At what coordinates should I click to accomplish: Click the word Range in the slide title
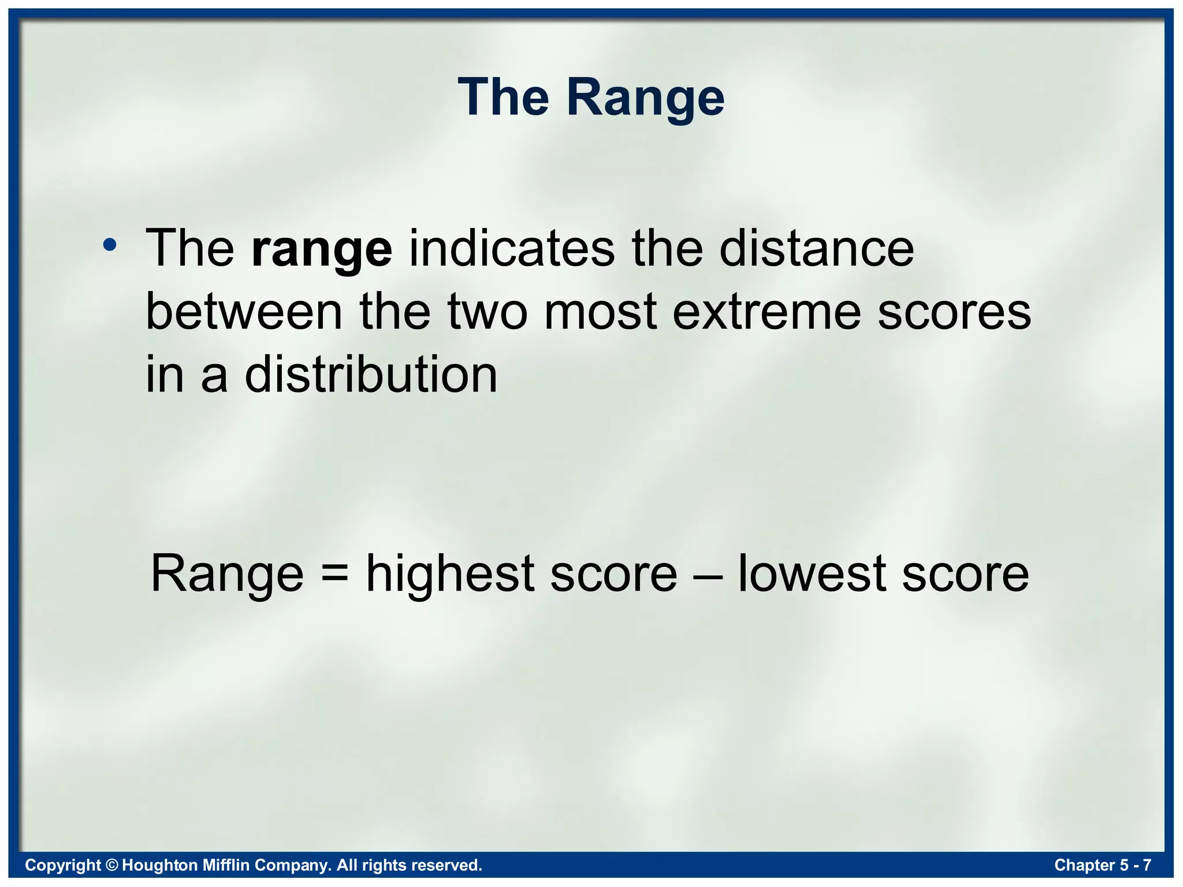coord(645,98)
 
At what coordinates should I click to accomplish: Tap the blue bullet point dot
coord(110,246)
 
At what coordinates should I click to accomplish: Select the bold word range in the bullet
coord(322,249)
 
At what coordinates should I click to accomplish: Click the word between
coord(244,312)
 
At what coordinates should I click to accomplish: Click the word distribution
coord(371,375)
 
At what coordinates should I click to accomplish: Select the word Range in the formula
coord(227,575)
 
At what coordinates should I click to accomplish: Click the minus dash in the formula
coord(707,575)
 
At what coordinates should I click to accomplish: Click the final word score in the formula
coord(965,575)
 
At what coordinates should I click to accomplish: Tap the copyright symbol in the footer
coord(112,865)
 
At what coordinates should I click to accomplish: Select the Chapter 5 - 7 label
coord(1102,865)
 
